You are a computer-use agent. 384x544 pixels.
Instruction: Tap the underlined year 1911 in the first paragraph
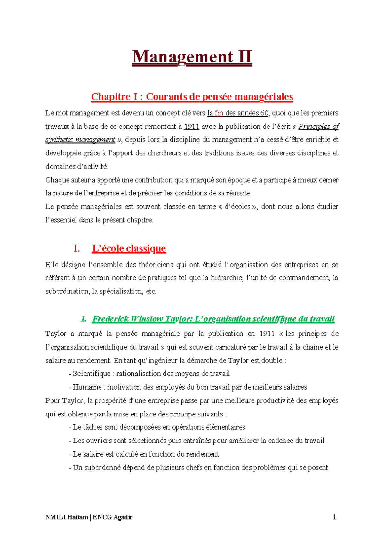click(x=191, y=127)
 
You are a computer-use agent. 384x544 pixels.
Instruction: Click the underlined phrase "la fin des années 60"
click(x=238, y=113)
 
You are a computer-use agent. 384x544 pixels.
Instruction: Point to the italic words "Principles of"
click(x=318, y=127)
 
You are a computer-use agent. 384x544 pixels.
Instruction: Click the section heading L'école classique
click(x=129, y=248)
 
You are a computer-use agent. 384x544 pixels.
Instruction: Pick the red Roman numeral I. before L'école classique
click(x=76, y=248)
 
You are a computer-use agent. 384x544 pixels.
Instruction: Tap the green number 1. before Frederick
click(x=84, y=319)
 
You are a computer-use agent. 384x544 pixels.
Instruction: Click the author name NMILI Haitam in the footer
click(x=67, y=517)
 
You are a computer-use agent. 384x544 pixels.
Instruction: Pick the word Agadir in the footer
click(x=122, y=517)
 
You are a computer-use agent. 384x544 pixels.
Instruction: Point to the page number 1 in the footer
click(x=334, y=517)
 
